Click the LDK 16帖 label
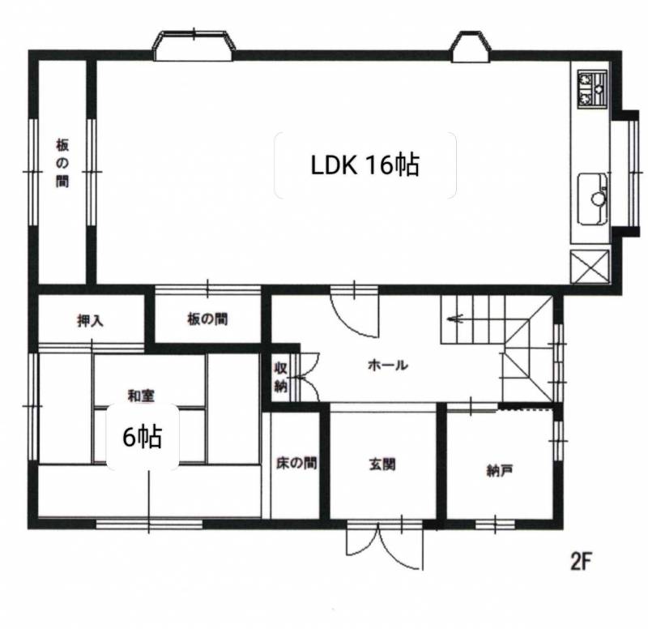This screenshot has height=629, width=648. (365, 165)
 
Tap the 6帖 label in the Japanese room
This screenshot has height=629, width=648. (143, 437)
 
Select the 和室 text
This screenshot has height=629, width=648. (141, 396)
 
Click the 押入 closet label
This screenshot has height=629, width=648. (90, 321)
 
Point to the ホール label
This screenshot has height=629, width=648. (388, 365)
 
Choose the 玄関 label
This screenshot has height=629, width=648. (382, 464)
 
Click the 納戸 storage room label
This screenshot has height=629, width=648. (500, 471)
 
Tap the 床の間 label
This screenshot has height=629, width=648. (296, 463)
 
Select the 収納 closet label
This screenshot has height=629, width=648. (280, 377)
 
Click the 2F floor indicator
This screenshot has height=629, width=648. (582, 562)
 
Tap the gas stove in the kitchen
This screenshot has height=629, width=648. (593, 90)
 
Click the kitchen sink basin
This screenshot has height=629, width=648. (593, 199)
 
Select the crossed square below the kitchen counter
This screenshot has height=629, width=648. (590, 267)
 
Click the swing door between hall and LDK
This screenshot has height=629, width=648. (355, 310)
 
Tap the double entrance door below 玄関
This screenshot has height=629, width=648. (385, 545)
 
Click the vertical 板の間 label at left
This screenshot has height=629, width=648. (62, 164)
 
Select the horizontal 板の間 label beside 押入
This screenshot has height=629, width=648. (207, 319)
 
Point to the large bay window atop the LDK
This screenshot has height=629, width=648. (194, 45)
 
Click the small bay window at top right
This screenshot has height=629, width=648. (471, 46)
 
